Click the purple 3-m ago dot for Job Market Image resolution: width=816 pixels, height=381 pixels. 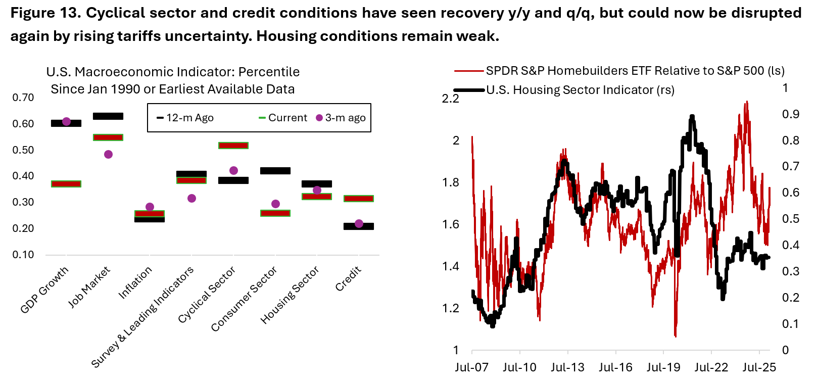(108, 154)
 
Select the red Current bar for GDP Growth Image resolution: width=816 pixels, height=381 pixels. (66, 184)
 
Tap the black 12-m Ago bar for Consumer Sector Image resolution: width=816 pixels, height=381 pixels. (275, 171)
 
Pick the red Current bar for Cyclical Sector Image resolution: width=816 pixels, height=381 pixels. (233, 146)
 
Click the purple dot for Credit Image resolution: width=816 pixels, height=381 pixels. (359, 223)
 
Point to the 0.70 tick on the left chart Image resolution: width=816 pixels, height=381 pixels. (23, 98)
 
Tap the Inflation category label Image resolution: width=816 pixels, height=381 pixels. (135, 282)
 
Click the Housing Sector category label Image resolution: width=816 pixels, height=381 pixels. (290, 295)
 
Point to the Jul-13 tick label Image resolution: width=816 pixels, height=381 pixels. (567, 367)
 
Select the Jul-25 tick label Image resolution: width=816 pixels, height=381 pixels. (759, 367)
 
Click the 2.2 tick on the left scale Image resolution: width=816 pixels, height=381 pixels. (451, 99)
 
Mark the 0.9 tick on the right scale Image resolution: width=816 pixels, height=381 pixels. (791, 114)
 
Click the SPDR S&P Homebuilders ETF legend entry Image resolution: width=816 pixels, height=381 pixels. (635, 71)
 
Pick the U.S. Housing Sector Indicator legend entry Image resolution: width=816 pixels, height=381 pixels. (580, 90)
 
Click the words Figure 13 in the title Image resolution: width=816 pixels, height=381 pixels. (45, 13)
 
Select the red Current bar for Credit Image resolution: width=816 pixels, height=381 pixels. (359, 199)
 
